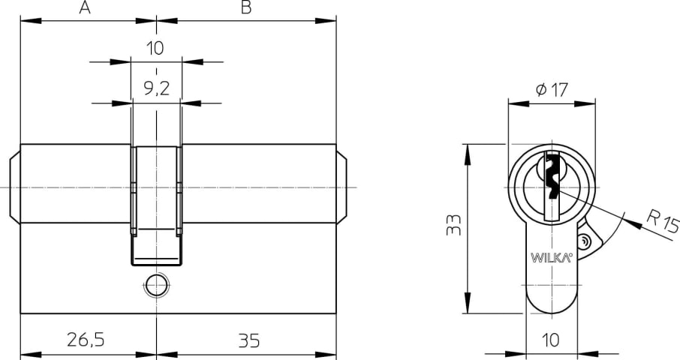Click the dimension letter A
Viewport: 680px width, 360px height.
pyautogui.click(x=85, y=7)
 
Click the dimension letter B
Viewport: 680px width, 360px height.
pyautogui.click(x=246, y=7)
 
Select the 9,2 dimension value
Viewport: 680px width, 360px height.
pyautogui.click(x=156, y=88)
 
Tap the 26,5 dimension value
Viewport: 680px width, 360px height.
pyautogui.click(x=86, y=340)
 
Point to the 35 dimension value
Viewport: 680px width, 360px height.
pyautogui.click(x=249, y=341)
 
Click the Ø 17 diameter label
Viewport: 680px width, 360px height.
pyautogui.click(x=552, y=90)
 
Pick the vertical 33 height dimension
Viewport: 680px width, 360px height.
pyautogui.click(x=453, y=224)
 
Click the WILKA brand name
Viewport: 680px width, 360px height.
pyautogui.click(x=552, y=258)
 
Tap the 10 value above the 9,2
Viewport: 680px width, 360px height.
pyautogui.click(x=155, y=48)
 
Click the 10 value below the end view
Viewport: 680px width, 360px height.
pyautogui.click(x=551, y=340)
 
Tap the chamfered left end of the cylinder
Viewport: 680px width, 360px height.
pyautogui.click(x=15, y=187)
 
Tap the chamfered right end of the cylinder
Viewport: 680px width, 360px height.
pyautogui.click(x=342, y=187)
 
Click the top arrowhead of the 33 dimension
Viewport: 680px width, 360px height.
pyautogui.click(x=468, y=154)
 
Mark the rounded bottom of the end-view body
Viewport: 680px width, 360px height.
pyautogui.click(x=552, y=303)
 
